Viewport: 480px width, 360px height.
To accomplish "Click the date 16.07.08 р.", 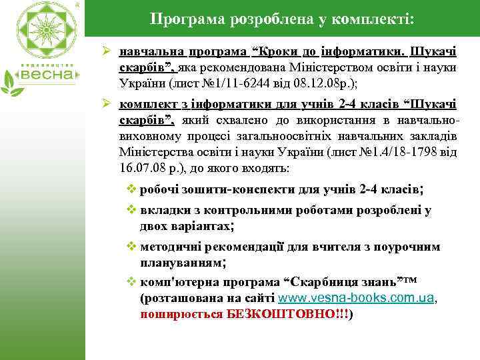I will point(141,168).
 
